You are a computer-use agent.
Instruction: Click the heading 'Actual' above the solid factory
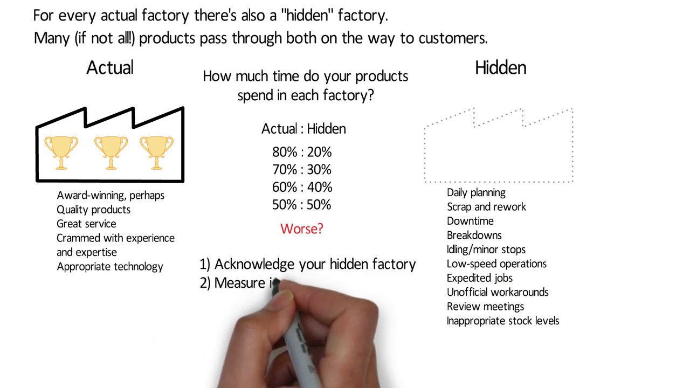pos(110,68)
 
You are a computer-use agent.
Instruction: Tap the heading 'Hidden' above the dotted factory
pos(500,68)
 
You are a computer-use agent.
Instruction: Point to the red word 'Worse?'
pos(302,228)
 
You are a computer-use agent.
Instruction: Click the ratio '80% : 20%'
pos(302,152)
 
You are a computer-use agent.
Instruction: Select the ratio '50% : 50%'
pos(302,205)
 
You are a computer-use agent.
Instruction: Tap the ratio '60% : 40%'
pos(302,187)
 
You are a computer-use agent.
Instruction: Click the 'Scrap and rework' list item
pos(486,207)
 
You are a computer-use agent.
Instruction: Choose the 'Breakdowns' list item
pos(474,235)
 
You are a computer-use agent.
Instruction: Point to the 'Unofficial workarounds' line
pos(498,292)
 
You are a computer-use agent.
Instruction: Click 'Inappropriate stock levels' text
pos(503,321)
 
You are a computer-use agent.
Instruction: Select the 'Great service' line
pos(86,224)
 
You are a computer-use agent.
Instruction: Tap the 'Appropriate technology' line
pos(109,266)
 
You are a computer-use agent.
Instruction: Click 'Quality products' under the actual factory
pos(93,210)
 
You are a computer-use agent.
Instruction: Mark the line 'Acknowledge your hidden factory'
pos(315,264)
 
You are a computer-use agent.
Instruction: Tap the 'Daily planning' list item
pos(476,192)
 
